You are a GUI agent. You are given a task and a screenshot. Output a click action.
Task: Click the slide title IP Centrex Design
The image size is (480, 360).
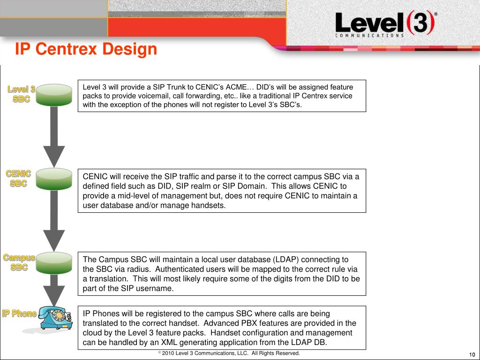pos(86,49)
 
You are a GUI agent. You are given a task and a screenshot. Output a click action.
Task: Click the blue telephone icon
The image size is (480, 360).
pos(55,317)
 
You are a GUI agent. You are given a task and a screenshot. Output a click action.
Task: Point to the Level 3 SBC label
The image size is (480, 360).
pos(21,94)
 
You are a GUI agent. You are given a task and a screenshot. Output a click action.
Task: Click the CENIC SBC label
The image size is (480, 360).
pos(19,179)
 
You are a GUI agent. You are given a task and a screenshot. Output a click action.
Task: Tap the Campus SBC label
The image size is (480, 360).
pos(19,262)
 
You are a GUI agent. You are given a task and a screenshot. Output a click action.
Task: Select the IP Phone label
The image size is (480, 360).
pos(19,314)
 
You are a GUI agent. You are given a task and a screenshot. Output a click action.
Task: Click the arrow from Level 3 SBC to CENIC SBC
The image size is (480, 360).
pos(54,136)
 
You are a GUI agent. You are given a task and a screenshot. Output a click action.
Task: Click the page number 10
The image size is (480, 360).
pos(472,354)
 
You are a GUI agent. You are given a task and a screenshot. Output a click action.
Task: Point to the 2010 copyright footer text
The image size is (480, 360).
pos(229,353)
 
